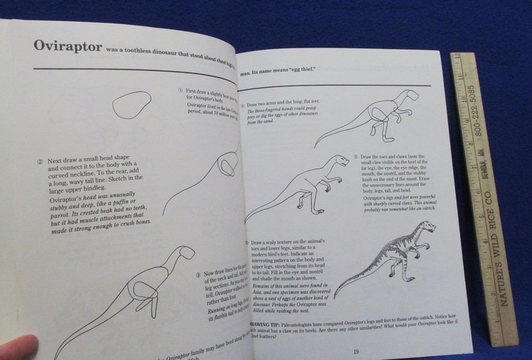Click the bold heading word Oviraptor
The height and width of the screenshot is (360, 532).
coord(68,45)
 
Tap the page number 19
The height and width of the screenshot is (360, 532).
coord(356,351)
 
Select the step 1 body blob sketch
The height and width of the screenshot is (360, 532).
coord(131,105)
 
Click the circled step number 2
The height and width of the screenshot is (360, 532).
coord(40,162)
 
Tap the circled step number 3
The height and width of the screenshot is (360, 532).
coord(197,275)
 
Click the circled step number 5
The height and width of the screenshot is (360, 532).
coord(356,157)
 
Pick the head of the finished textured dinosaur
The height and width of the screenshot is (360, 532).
coord(428,227)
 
